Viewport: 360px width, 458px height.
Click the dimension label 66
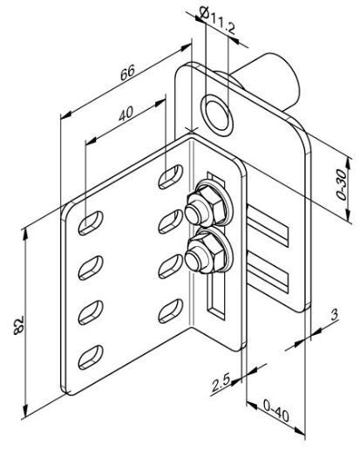click(x=127, y=72)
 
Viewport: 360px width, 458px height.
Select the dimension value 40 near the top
click(x=126, y=113)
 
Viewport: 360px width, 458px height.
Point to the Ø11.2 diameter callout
click(x=218, y=20)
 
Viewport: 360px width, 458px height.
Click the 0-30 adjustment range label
click(x=342, y=184)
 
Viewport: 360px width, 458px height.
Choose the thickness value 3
click(x=334, y=315)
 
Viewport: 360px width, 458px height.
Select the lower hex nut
click(x=206, y=252)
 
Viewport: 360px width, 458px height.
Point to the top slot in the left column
click(x=91, y=223)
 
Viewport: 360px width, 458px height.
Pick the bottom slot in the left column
click(x=91, y=358)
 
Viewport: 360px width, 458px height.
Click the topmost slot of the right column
click(x=171, y=177)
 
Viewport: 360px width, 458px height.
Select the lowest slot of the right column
click(x=171, y=311)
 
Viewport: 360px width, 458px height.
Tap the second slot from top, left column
click(x=91, y=268)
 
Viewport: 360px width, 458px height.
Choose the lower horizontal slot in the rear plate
click(x=268, y=273)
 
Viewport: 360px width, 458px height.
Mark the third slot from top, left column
click(x=91, y=313)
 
